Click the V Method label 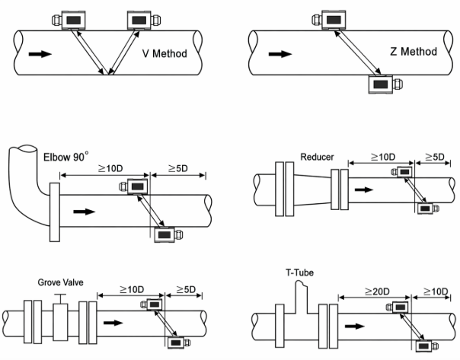point(165,53)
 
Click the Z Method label point(414,52)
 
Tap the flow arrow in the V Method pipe point(40,54)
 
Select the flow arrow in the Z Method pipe point(280,54)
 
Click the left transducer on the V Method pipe point(69,21)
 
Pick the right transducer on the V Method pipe point(143,21)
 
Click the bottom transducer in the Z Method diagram point(385,84)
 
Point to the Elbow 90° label point(66,157)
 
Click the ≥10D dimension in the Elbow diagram point(110,168)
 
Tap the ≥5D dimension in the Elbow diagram point(178,168)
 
